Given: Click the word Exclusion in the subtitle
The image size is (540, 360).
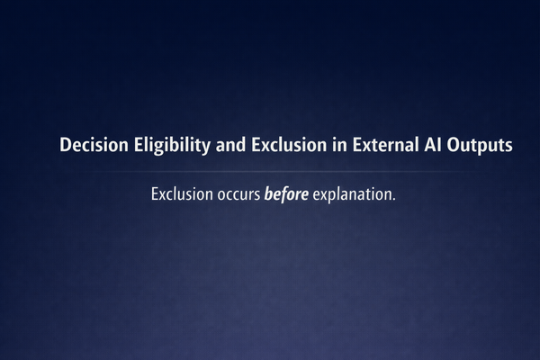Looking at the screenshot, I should [x=180, y=194].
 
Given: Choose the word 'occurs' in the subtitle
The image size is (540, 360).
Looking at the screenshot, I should [x=237, y=194].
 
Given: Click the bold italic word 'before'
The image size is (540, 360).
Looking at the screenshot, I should [x=286, y=194].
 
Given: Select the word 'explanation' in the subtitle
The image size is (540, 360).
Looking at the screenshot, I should [x=352, y=194].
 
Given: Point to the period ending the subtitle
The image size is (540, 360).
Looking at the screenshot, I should [x=394, y=199].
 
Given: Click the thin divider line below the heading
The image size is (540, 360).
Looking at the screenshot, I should [x=270, y=171].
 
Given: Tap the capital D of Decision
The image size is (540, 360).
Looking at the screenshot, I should [x=66, y=145].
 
